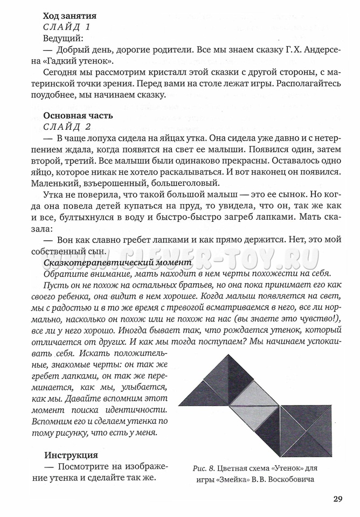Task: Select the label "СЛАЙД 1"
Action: coord(67,27)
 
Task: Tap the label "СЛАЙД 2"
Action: coord(67,127)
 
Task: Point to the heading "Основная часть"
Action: coord(78,115)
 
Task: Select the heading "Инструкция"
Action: coord(71,455)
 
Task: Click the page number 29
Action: coord(338,498)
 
